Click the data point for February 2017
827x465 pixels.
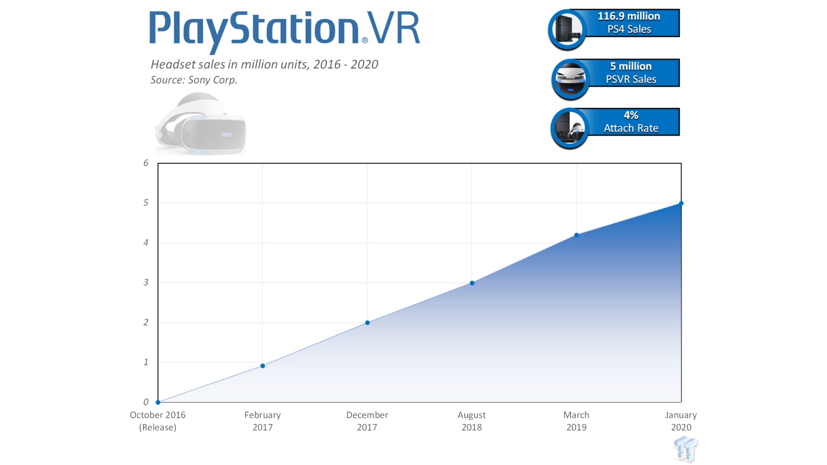(262, 366)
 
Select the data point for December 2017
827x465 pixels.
(367, 323)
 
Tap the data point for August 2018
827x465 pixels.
(472, 283)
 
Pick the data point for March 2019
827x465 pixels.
(577, 235)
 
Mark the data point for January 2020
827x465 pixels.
(681, 204)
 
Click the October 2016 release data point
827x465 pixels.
(158, 402)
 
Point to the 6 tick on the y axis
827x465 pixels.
(146, 163)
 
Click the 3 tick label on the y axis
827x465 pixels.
(146, 282)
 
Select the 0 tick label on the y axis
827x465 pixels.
(146, 402)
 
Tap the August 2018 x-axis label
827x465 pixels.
(471, 421)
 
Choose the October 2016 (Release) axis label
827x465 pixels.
(158, 421)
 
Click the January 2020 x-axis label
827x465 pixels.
(681, 421)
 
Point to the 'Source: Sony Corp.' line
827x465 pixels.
(194, 80)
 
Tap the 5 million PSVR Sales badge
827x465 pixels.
(615, 76)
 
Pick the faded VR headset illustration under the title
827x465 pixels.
(201, 124)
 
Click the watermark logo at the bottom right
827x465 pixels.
(685, 448)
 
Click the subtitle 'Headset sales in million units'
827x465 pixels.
(264, 65)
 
